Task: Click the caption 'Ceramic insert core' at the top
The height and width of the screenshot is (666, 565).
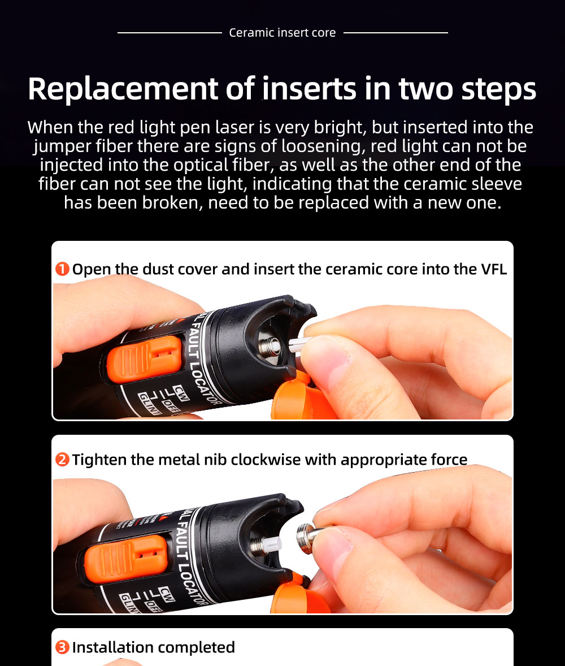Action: click(x=282, y=33)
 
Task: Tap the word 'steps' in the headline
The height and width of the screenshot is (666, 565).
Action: click(x=499, y=90)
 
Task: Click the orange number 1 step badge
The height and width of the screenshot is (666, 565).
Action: click(x=62, y=269)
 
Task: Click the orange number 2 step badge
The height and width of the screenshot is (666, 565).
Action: click(x=62, y=460)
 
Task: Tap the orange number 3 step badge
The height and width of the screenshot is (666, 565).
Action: click(x=62, y=647)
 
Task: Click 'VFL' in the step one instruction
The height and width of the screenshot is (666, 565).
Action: click(x=494, y=269)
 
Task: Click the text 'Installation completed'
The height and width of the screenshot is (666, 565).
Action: click(x=153, y=647)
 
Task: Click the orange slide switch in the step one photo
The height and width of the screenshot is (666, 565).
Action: click(x=144, y=358)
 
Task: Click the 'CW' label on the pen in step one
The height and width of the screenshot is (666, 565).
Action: click(x=181, y=392)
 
